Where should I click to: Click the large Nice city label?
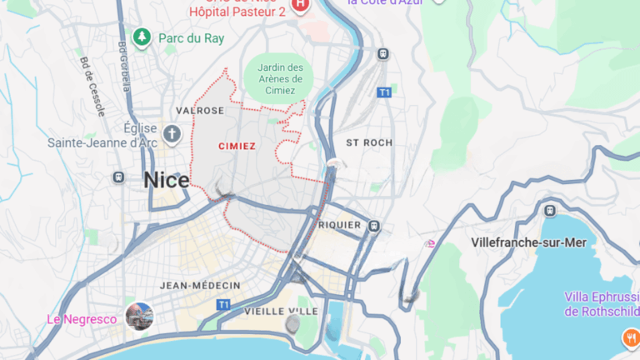tap(166, 179)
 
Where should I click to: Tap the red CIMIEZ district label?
tap(237, 146)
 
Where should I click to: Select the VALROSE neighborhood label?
tap(200, 111)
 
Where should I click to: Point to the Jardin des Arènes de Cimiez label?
tap(279, 78)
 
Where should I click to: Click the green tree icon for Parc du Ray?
tap(143, 37)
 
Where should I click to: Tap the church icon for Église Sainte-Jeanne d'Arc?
tap(172, 133)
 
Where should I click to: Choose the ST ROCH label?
tap(368, 142)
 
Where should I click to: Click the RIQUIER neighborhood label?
tap(340, 225)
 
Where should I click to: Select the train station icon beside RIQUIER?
tap(374, 225)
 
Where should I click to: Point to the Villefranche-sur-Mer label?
tap(528, 242)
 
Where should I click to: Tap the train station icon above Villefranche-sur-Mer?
tap(549, 210)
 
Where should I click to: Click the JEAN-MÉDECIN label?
tap(201, 286)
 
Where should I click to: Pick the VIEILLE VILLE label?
tap(282, 311)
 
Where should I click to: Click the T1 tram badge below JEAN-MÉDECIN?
tap(223, 305)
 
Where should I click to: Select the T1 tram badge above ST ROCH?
tap(383, 92)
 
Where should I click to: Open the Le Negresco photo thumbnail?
tap(138, 317)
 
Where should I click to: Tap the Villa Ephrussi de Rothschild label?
tap(600, 304)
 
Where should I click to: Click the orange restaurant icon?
tap(630, 337)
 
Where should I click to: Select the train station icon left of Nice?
tap(119, 177)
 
